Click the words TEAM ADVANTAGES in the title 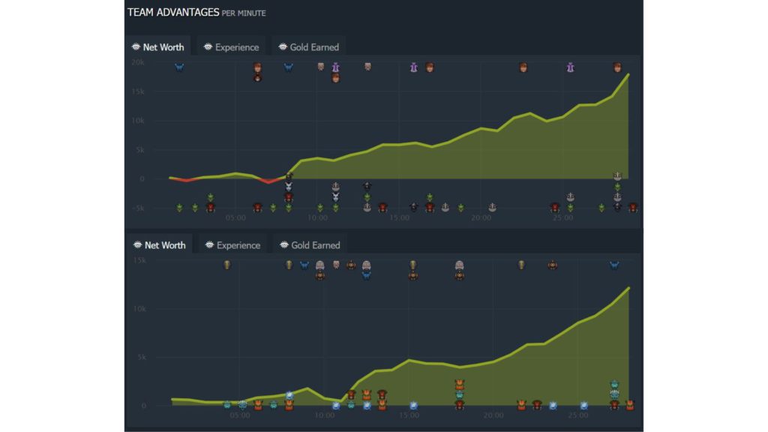click(x=173, y=12)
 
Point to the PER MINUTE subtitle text click(x=244, y=13)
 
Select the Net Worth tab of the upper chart click(x=157, y=47)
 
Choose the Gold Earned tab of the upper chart click(x=309, y=47)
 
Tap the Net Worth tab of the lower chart click(x=159, y=245)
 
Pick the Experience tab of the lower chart click(x=232, y=245)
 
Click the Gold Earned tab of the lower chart click(x=309, y=245)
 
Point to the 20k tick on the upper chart click(x=137, y=62)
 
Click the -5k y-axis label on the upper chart click(x=137, y=208)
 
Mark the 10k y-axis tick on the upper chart click(x=137, y=121)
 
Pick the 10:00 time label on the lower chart click(x=324, y=415)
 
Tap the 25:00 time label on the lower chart click(x=578, y=415)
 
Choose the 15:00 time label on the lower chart click(x=409, y=415)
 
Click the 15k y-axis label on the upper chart click(x=137, y=91)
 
